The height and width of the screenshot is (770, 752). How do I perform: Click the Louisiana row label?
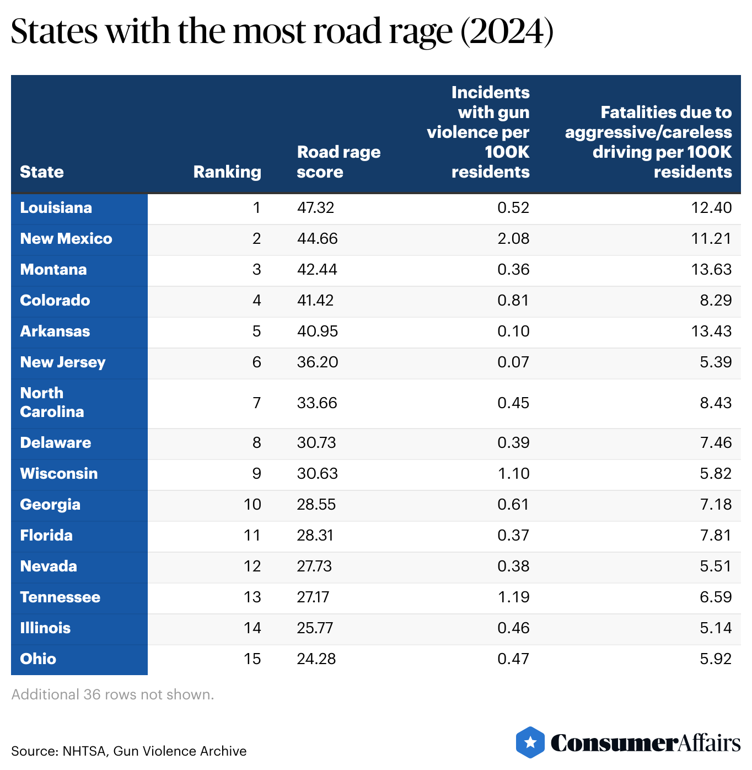coord(56,208)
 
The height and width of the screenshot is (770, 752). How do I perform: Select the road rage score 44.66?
coord(317,239)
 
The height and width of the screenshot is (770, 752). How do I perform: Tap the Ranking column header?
coord(227,172)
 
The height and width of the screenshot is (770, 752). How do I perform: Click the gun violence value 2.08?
coord(513,239)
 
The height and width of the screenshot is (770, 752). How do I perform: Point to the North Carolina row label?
coord(52,403)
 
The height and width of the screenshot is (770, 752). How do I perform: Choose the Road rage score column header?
coord(338,162)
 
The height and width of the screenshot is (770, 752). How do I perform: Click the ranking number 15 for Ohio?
coord(252,659)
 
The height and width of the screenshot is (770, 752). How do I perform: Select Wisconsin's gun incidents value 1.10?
coord(513,474)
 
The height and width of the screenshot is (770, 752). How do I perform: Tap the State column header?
coord(42,172)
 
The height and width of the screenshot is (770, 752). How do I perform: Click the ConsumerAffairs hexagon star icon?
coord(530,742)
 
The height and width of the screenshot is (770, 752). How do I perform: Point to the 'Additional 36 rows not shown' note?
coord(112,694)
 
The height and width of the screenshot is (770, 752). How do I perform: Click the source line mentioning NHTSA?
coord(128,751)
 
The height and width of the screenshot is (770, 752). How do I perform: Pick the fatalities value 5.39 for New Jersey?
coord(716,362)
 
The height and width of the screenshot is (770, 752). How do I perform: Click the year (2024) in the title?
coord(507,31)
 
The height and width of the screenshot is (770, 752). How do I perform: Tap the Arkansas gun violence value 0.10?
coord(513,331)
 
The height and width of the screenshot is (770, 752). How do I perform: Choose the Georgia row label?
coord(50,505)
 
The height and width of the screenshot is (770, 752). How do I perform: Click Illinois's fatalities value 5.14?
coord(716,628)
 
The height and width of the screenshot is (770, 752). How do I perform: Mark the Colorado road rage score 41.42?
coord(315,301)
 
